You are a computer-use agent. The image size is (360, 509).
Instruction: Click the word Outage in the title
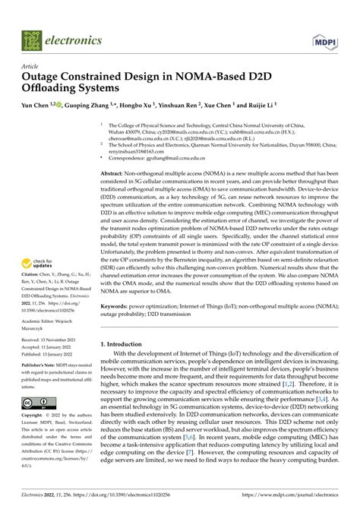pos(43,77)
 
